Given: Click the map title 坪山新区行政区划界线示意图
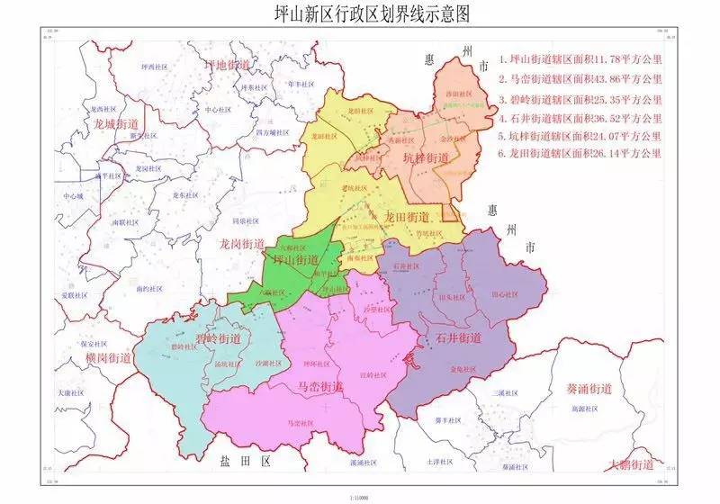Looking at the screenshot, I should click(x=360, y=14).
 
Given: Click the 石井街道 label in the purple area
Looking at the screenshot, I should click(x=459, y=338).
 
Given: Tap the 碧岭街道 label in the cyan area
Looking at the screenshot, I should click(x=218, y=337).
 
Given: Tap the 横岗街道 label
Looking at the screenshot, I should click(x=108, y=357).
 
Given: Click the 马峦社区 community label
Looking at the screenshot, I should click(x=300, y=422).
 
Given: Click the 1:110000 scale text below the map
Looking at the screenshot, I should click(x=359, y=497).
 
